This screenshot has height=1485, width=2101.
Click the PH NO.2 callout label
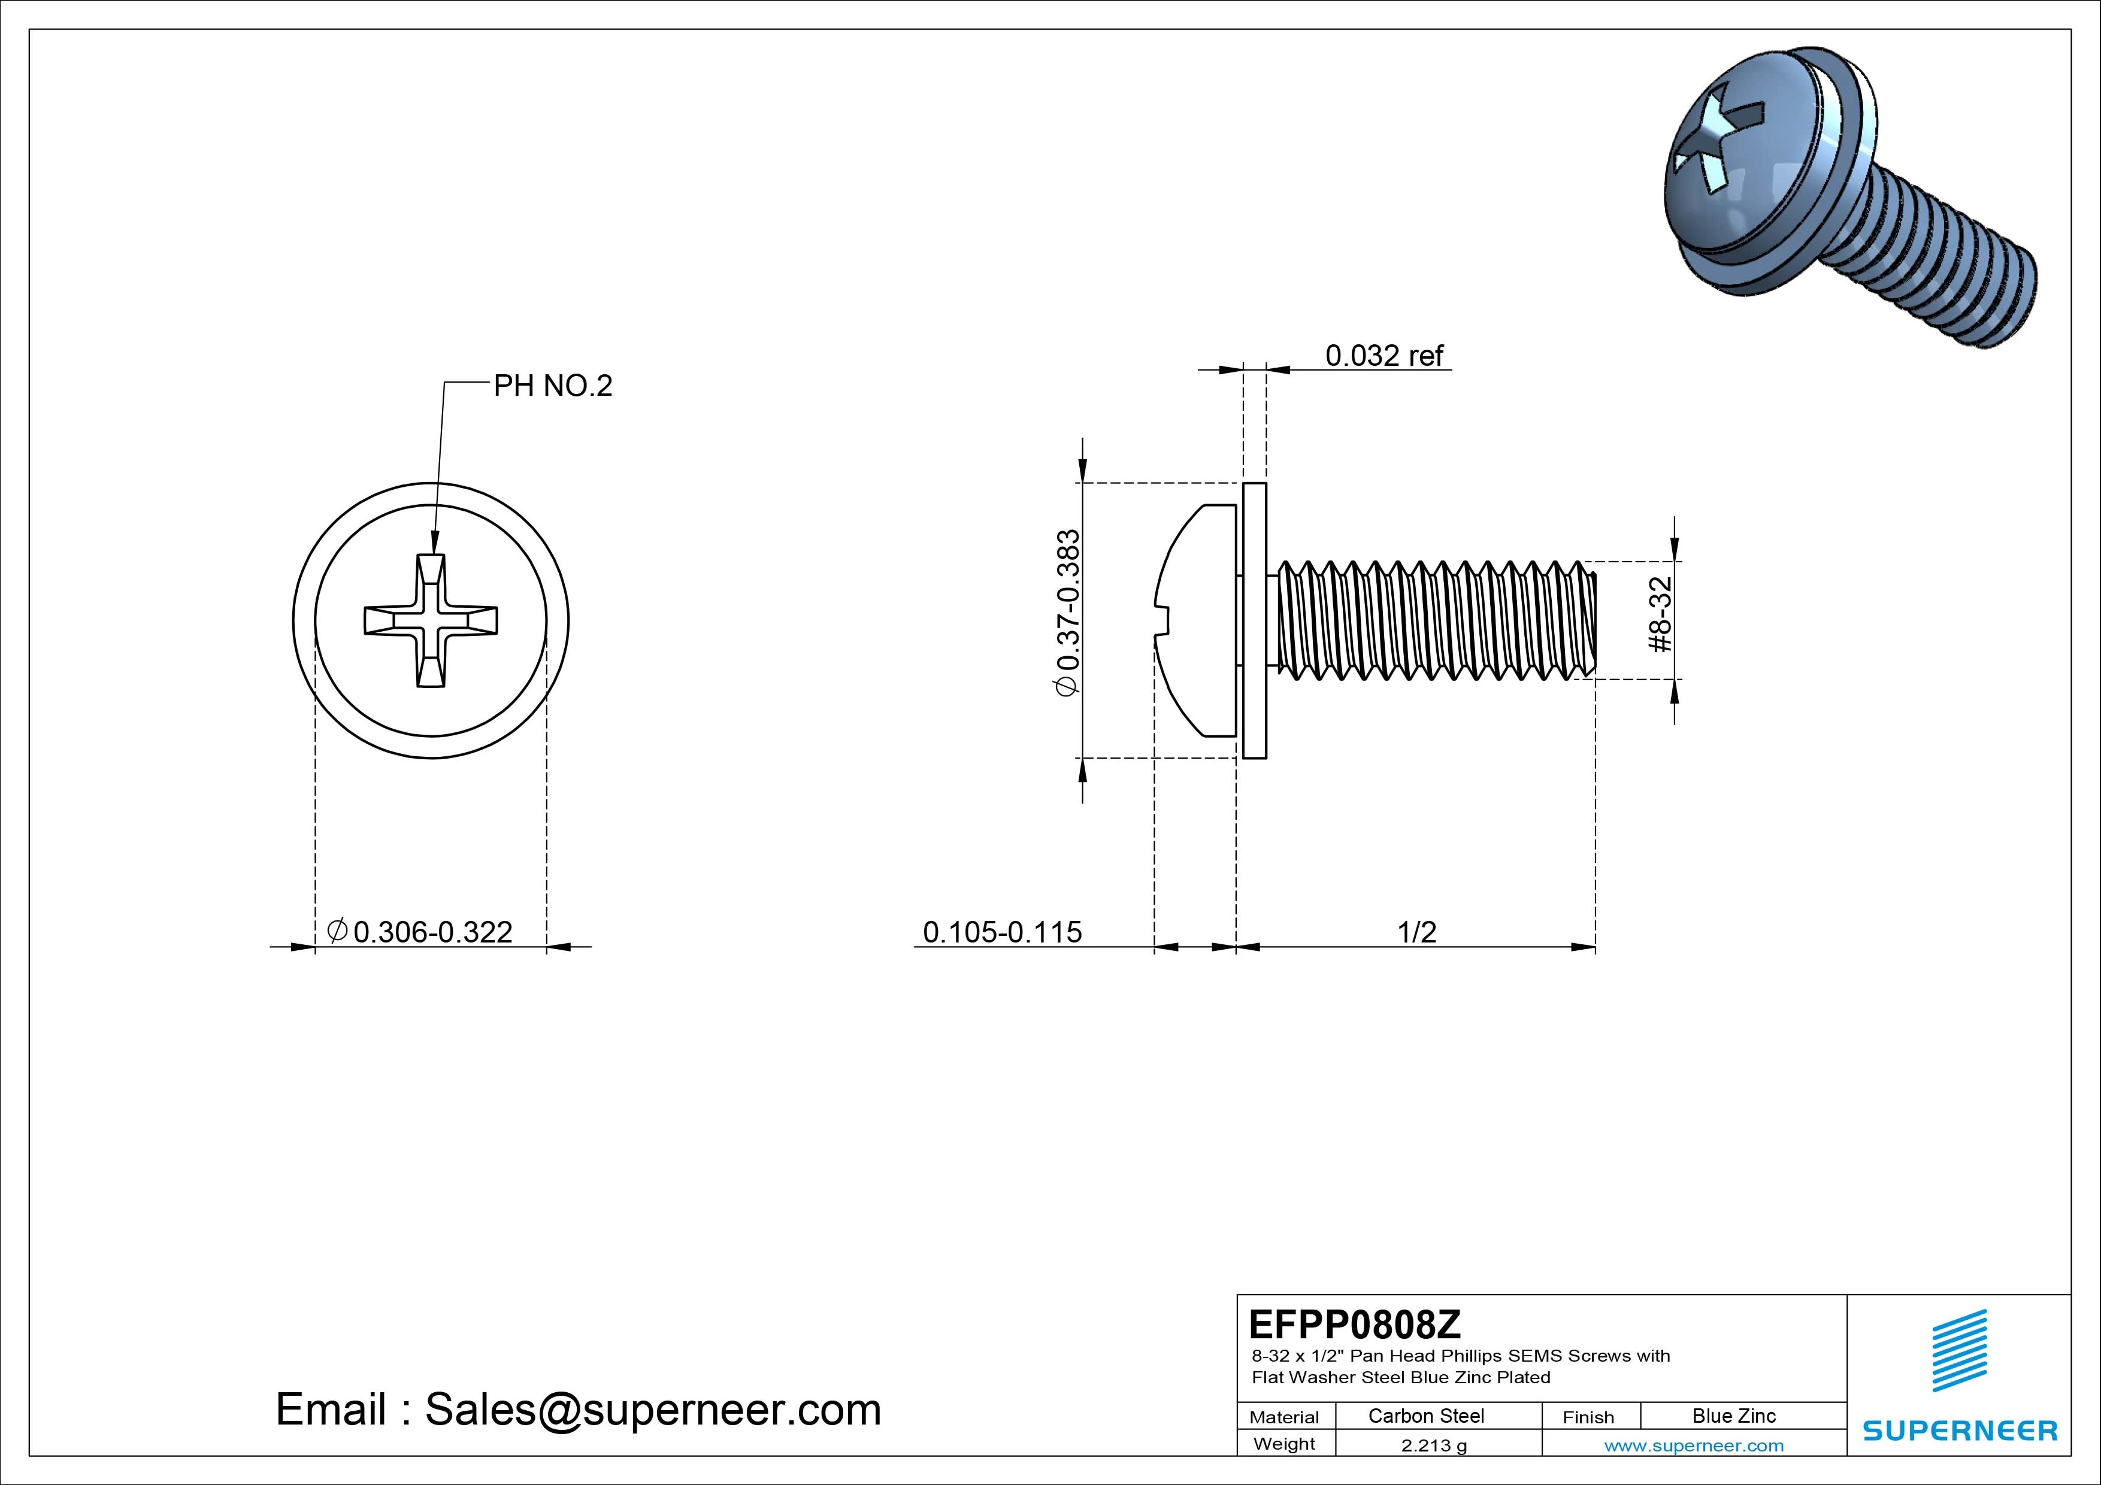pos(553,386)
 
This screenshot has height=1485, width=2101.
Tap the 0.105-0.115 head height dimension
pos(1002,932)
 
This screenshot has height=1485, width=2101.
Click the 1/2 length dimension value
pos(1416,932)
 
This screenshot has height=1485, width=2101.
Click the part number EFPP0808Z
pos(1354,1324)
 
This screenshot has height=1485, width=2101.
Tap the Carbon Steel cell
pos(1425,1416)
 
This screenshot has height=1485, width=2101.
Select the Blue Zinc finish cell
pos(1733,1416)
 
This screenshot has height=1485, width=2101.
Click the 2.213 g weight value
pos(1433,1445)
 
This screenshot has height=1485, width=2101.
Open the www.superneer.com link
pos(1694,1445)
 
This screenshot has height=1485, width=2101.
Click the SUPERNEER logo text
pos(1959,1430)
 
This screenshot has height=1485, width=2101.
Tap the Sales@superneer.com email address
pos(652,1409)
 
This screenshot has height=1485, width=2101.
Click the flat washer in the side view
pos(1255,620)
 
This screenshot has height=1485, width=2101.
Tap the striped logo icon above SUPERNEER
pos(1959,1350)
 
